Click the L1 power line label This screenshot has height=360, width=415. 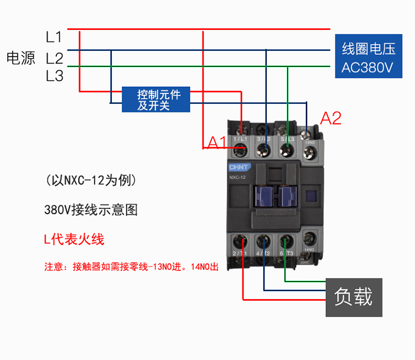click(x=54, y=38)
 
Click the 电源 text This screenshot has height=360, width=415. click(x=21, y=58)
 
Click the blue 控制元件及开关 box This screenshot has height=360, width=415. click(x=155, y=99)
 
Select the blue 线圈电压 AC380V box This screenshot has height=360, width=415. click(x=368, y=58)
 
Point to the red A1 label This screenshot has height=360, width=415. click(x=216, y=143)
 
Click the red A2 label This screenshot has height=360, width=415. click(x=331, y=118)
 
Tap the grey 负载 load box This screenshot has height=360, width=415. click(x=354, y=297)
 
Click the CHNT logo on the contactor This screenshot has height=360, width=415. click(x=238, y=166)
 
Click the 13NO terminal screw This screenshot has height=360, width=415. click(x=307, y=133)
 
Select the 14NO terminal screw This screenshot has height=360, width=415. click(x=308, y=239)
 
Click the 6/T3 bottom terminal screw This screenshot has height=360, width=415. click(x=286, y=242)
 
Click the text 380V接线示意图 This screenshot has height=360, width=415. click(x=91, y=210)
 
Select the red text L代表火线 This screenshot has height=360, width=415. click(x=74, y=239)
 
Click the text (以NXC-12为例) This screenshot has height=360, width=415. click(x=91, y=180)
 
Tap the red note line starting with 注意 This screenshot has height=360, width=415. click(x=132, y=267)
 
